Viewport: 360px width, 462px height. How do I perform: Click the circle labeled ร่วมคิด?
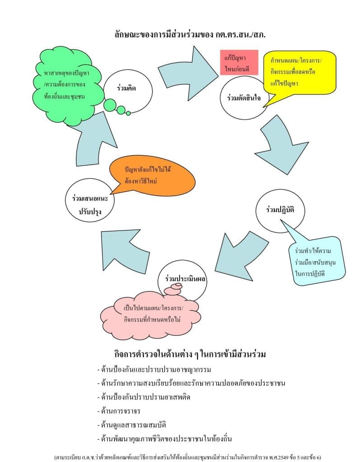click(126, 89)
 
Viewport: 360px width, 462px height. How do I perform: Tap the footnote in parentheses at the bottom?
click(193, 457)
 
